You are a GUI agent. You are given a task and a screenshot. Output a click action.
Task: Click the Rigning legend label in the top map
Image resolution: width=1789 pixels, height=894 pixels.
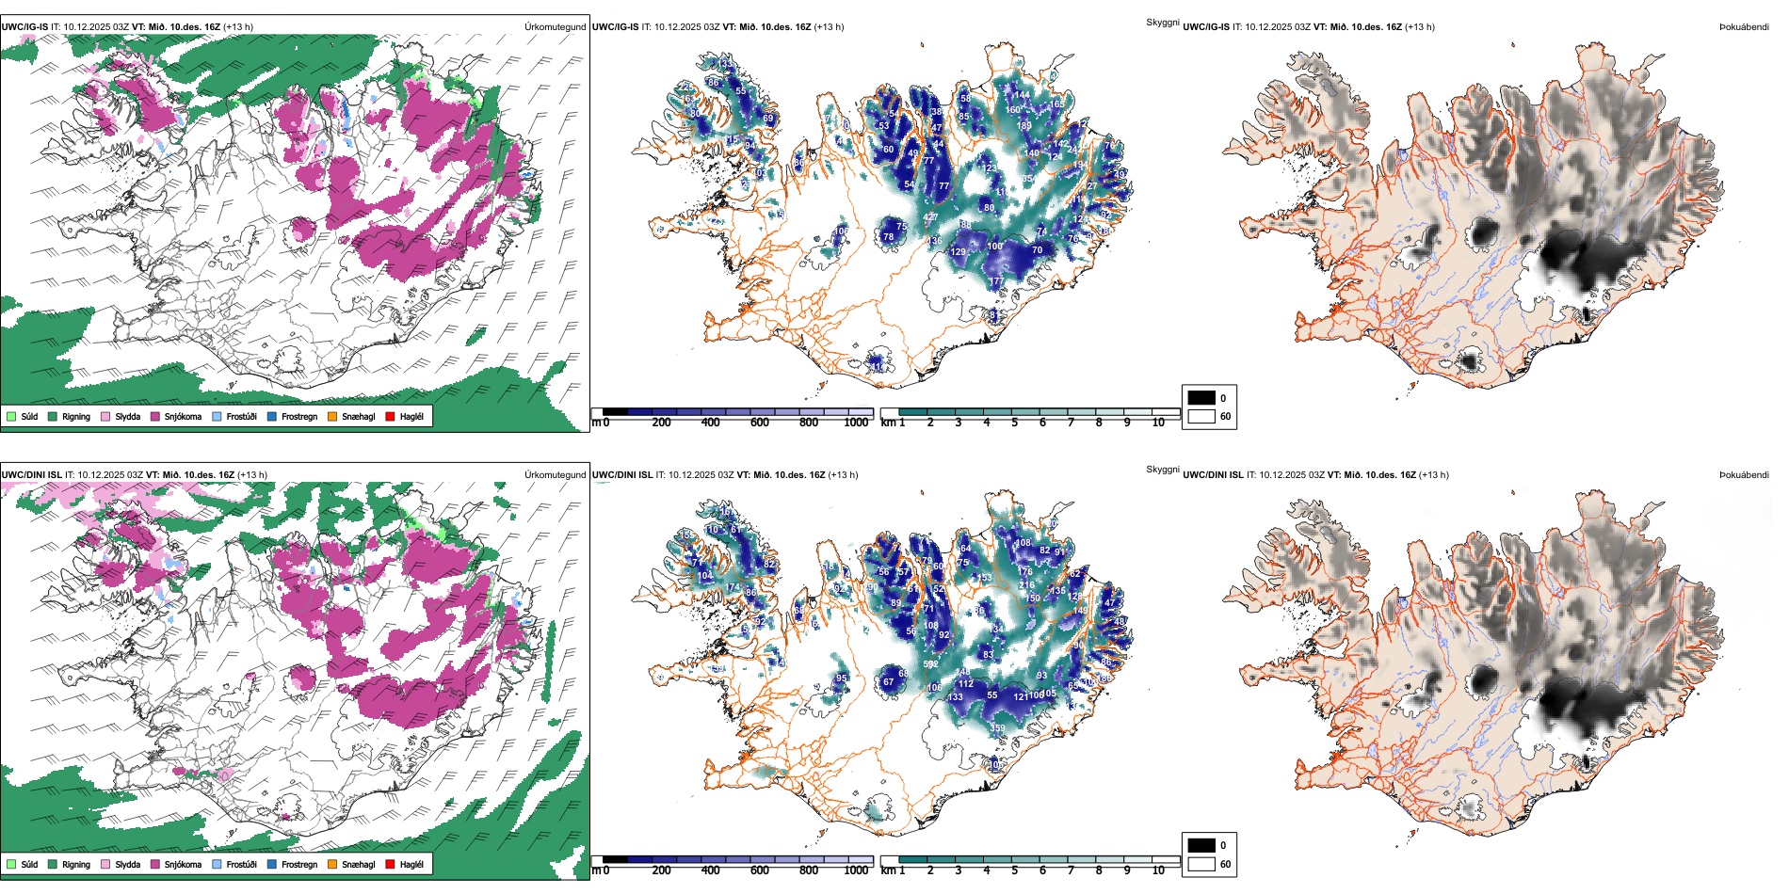(x=76, y=417)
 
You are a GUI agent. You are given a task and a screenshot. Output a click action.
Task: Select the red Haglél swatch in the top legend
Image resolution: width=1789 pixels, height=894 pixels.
(x=390, y=416)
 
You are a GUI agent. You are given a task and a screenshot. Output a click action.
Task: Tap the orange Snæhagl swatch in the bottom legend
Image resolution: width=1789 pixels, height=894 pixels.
(x=332, y=864)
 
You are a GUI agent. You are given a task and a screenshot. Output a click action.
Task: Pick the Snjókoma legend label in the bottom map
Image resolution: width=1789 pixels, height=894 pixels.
(x=183, y=865)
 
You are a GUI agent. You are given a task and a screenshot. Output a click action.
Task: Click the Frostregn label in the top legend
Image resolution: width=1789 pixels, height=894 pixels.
(x=299, y=417)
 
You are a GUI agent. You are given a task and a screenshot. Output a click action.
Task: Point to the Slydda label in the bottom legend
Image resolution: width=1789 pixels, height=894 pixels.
(x=128, y=865)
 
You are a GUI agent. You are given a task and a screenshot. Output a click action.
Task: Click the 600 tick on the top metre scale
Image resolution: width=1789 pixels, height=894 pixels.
(x=760, y=423)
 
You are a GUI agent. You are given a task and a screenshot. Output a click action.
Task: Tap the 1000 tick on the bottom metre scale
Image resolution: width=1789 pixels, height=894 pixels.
(x=856, y=870)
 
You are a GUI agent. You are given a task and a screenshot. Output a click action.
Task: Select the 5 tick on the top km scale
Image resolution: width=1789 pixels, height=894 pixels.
(x=1015, y=423)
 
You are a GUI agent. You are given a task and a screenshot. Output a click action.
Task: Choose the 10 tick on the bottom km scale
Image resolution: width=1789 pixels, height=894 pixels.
(x=1158, y=870)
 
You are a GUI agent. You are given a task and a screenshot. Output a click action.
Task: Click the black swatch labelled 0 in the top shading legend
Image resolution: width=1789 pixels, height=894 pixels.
(x=1201, y=397)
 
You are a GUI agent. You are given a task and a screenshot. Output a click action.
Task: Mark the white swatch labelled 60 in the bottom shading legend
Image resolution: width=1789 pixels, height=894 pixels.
(x=1201, y=863)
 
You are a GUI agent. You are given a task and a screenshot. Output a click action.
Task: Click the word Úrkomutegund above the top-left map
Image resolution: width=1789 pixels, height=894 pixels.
(x=555, y=27)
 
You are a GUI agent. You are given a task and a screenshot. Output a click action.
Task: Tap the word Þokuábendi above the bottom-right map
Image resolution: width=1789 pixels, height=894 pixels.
(x=1744, y=475)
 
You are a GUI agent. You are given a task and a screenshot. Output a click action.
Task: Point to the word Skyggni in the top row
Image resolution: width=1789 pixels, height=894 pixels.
(x=1163, y=22)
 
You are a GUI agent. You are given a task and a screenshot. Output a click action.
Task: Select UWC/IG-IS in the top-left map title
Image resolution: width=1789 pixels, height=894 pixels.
(x=24, y=27)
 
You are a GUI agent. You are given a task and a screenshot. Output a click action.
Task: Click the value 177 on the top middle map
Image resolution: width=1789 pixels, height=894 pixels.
(x=997, y=281)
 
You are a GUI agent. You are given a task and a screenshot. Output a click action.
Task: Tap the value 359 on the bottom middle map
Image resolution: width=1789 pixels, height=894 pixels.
(x=997, y=728)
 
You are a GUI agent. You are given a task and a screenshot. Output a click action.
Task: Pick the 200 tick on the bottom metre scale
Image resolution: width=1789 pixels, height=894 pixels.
(x=662, y=870)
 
